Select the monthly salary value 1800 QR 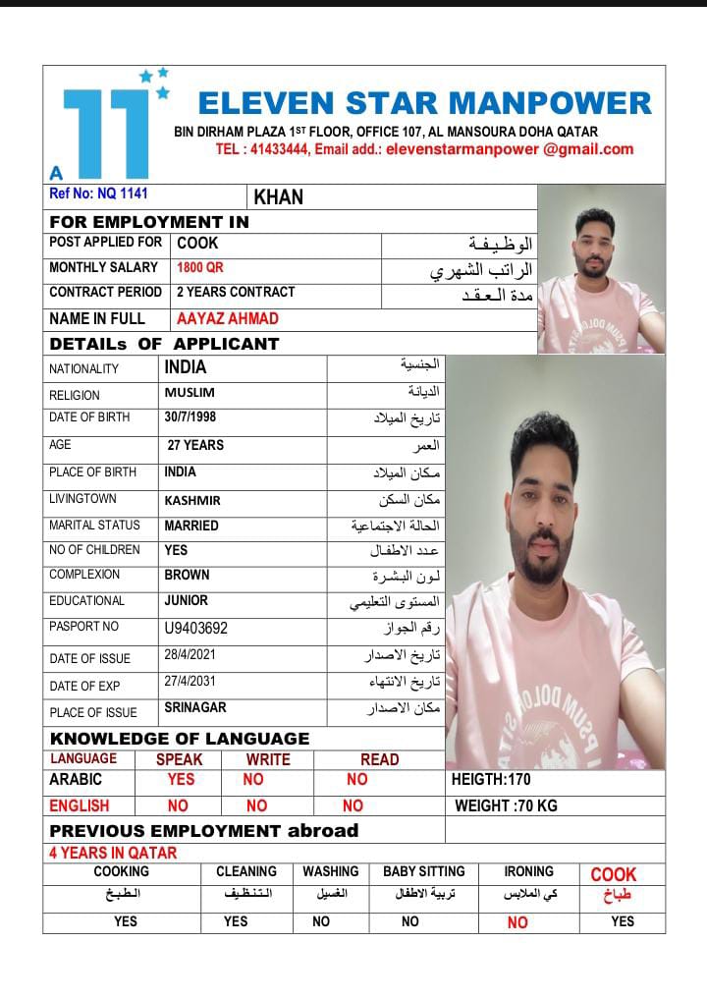[x=200, y=267]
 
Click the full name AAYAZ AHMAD [x=228, y=318]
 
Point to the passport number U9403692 [x=196, y=628]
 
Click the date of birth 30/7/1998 [x=190, y=417]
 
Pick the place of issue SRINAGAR [x=195, y=707]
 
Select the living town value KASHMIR [x=192, y=500]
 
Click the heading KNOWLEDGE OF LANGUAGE [x=180, y=739]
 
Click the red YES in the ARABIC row [x=181, y=779]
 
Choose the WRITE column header [x=268, y=759]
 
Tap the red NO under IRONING [x=517, y=922]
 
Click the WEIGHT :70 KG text [x=506, y=805]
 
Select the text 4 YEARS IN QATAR [x=113, y=853]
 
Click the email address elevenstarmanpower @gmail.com [x=510, y=149]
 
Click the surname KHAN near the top [x=279, y=196]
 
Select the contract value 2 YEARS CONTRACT [x=236, y=292]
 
